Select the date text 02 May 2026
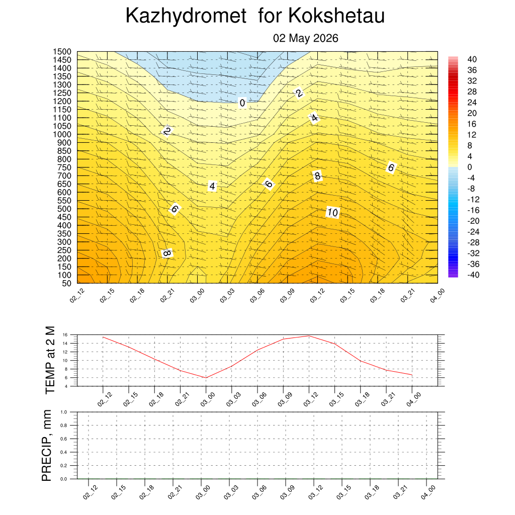click(x=305, y=38)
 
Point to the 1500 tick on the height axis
click(x=62, y=52)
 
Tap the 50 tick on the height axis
click(x=67, y=283)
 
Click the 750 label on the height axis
click(x=64, y=167)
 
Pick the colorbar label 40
click(x=472, y=59)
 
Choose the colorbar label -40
click(x=473, y=275)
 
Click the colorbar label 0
click(x=470, y=167)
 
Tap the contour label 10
click(x=332, y=213)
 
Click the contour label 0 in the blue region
click(x=242, y=103)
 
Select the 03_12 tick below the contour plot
click(x=317, y=295)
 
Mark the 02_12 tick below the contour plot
click(x=77, y=295)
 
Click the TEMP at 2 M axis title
click(x=50, y=360)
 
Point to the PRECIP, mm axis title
click(x=47, y=446)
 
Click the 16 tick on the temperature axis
click(x=65, y=335)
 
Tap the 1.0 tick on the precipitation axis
click(x=64, y=412)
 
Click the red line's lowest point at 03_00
click(x=206, y=378)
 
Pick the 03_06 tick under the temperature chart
click(x=260, y=399)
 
